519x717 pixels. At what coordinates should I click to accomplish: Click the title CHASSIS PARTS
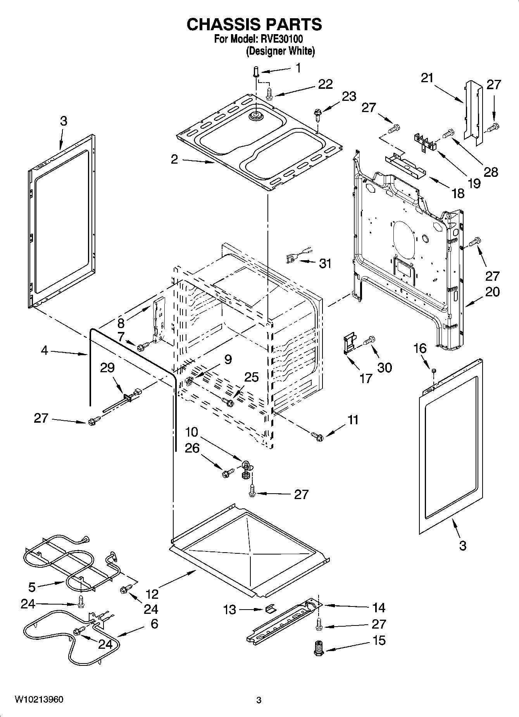pos(254,24)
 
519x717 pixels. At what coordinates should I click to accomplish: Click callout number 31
pos(325,264)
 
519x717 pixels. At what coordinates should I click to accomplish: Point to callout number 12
pos(152,594)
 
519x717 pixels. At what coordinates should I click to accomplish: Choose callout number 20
pos(492,292)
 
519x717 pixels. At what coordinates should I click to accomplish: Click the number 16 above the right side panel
pos(420,348)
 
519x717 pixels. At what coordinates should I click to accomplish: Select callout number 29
pos(107,367)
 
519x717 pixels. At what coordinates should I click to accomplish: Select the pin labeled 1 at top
pos(256,72)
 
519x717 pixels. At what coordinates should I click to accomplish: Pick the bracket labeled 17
pos(349,344)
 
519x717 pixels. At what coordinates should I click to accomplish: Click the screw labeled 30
pos(368,340)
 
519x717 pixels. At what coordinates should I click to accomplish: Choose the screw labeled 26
pos(227,473)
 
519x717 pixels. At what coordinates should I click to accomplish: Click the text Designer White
pos(280,51)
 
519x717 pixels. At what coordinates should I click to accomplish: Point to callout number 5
pos(32,587)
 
